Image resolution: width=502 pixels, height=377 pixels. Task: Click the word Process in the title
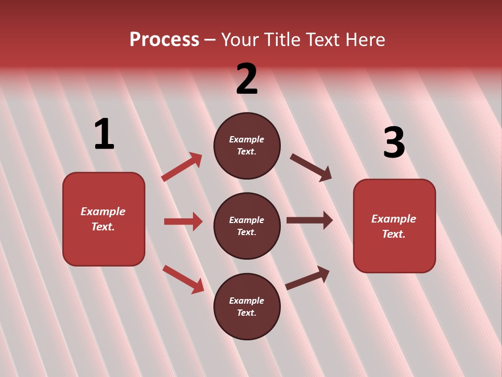(164, 40)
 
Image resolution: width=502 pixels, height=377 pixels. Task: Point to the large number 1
(104, 135)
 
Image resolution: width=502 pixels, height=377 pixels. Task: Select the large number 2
(247, 79)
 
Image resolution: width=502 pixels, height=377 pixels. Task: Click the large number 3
(394, 143)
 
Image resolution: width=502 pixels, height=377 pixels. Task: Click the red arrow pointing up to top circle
(181, 167)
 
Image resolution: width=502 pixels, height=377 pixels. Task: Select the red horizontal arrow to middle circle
(183, 221)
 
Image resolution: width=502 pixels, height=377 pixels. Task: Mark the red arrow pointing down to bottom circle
(183, 279)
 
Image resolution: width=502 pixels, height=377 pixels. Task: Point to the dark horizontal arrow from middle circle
(310, 220)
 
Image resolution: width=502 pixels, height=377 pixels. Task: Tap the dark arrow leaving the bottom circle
(308, 278)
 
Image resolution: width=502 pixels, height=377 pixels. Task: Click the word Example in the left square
(103, 212)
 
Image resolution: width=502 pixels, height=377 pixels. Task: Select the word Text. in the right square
(394, 234)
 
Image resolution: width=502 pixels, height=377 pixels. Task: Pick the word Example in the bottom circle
(247, 301)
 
